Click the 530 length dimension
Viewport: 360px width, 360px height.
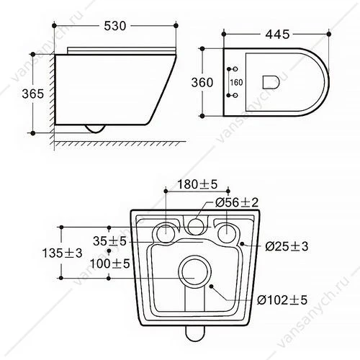click(115, 26)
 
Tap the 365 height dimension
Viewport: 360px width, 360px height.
click(33, 94)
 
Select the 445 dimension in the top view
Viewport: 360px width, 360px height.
click(277, 35)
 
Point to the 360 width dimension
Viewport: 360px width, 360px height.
click(202, 82)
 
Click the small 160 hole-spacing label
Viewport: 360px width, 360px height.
click(236, 83)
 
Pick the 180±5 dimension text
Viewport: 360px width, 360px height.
click(197, 184)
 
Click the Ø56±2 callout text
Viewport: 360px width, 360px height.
click(237, 202)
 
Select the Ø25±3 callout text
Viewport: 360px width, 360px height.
click(287, 246)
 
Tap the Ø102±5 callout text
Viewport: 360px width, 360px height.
click(282, 300)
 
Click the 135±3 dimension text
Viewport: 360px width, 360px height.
click(62, 253)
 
